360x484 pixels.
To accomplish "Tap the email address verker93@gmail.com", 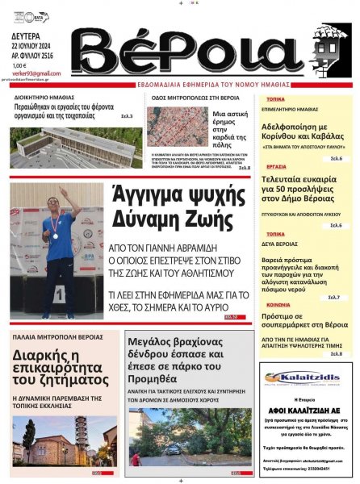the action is pos(31,73).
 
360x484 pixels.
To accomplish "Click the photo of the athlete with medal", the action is pos(57,251).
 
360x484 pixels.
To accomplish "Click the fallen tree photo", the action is pos(189,438).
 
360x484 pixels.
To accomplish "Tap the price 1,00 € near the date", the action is pos(19,65).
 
